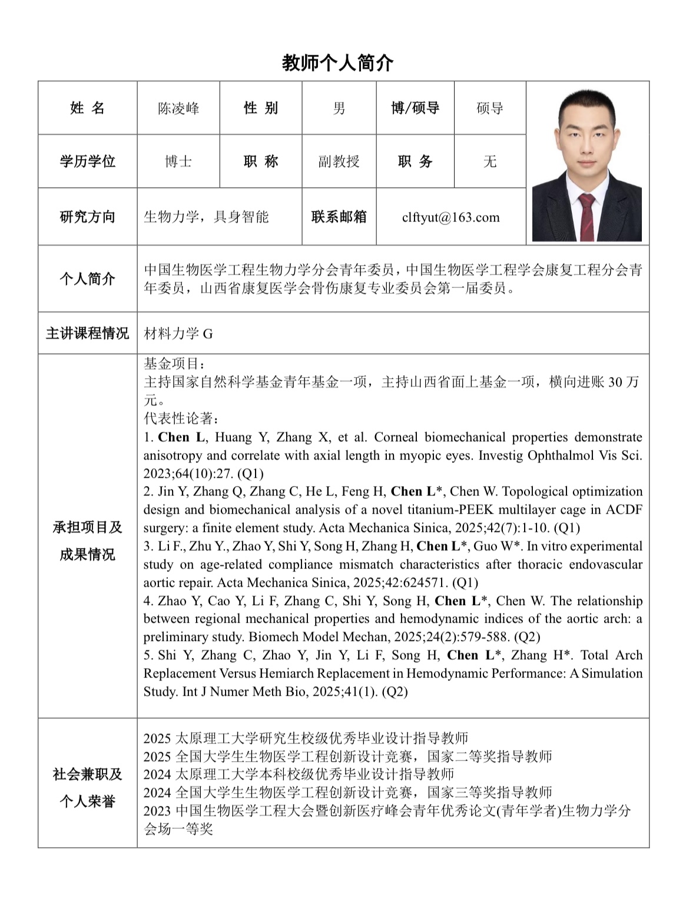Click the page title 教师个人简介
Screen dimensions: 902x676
(x=337, y=62)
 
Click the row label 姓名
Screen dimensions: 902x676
(x=87, y=108)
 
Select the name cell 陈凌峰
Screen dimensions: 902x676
(x=178, y=108)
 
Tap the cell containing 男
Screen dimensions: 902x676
(x=339, y=108)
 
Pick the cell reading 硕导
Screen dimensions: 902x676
(x=489, y=108)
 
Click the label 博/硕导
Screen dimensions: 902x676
(x=415, y=108)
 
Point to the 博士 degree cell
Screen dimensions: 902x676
(x=178, y=161)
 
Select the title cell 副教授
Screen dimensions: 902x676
(x=339, y=161)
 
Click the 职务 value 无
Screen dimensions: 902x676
(x=489, y=161)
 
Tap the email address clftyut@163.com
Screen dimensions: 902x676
(x=450, y=217)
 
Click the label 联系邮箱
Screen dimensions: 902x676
(x=339, y=217)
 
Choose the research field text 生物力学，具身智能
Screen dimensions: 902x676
(x=206, y=217)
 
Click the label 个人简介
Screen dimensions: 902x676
(x=87, y=279)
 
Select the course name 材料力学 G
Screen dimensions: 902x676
(x=178, y=334)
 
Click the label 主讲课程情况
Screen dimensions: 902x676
(x=87, y=333)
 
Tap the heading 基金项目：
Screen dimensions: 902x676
(x=175, y=364)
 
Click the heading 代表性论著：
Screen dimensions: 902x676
(x=182, y=419)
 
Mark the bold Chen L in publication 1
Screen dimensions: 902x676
(x=182, y=437)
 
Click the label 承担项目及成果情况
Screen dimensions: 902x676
(x=87, y=541)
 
